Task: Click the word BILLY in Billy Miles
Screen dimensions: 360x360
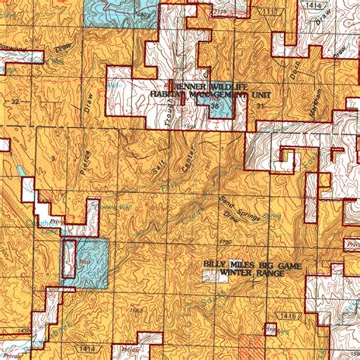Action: pyautogui.click(x=215, y=265)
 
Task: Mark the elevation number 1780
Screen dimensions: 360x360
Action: pyautogui.click(x=223, y=242)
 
